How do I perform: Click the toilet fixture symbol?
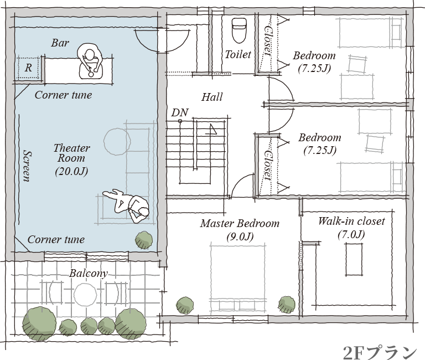[x=239, y=30]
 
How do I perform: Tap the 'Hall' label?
[x=212, y=97]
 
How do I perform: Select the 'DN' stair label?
[x=180, y=112]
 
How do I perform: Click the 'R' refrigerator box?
[x=28, y=67]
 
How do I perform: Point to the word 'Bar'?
[x=60, y=43]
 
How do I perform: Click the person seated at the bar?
[x=90, y=61]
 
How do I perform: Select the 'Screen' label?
[x=27, y=166]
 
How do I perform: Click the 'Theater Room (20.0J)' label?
[x=71, y=160]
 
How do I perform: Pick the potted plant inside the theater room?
[x=144, y=240]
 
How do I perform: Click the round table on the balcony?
[x=85, y=295]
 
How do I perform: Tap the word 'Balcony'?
[x=89, y=273]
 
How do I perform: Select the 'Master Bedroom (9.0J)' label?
[x=240, y=230]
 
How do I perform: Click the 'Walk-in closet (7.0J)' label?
[x=351, y=228]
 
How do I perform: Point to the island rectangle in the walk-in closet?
[x=354, y=259]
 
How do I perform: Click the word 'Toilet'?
[x=238, y=54]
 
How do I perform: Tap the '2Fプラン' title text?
[x=380, y=352]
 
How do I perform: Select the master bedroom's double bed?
[x=238, y=279]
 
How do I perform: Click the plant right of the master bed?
[x=287, y=305]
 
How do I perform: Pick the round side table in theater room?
[x=117, y=142]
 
